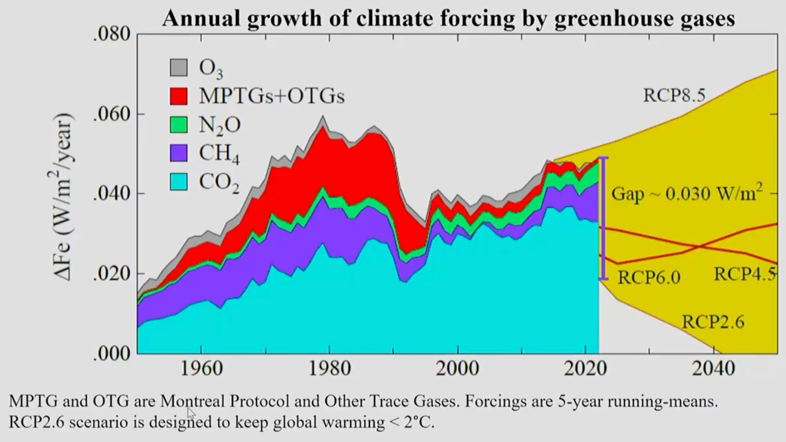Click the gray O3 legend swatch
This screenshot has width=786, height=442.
pyautogui.click(x=178, y=68)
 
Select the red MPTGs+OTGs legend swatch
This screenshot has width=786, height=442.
pyautogui.click(x=178, y=96)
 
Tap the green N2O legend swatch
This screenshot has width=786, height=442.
pyautogui.click(x=178, y=125)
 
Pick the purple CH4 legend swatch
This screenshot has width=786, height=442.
pyautogui.click(x=178, y=153)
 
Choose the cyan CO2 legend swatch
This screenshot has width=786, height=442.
pyautogui.click(x=178, y=182)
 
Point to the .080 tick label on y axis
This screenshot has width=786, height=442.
pyautogui.click(x=112, y=34)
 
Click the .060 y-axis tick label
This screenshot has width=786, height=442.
pyautogui.click(x=112, y=114)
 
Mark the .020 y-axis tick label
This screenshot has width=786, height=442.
pyautogui.click(x=112, y=274)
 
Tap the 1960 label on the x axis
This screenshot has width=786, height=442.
pyautogui.click(x=202, y=369)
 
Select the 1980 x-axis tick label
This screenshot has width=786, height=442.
pyautogui.click(x=330, y=369)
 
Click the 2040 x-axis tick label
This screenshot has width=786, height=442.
pyautogui.click(x=714, y=369)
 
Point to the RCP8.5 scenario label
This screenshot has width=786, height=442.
pyautogui.click(x=674, y=95)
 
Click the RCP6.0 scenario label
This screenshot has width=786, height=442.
pyautogui.click(x=649, y=277)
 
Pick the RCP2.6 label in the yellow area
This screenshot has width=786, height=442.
pyautogui.click(x=713, y=322)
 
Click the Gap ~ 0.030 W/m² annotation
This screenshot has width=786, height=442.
pyautogui.click(x=687, y=194)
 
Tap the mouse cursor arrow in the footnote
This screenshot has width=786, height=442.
pyautogui.click(x=190, y=413)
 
